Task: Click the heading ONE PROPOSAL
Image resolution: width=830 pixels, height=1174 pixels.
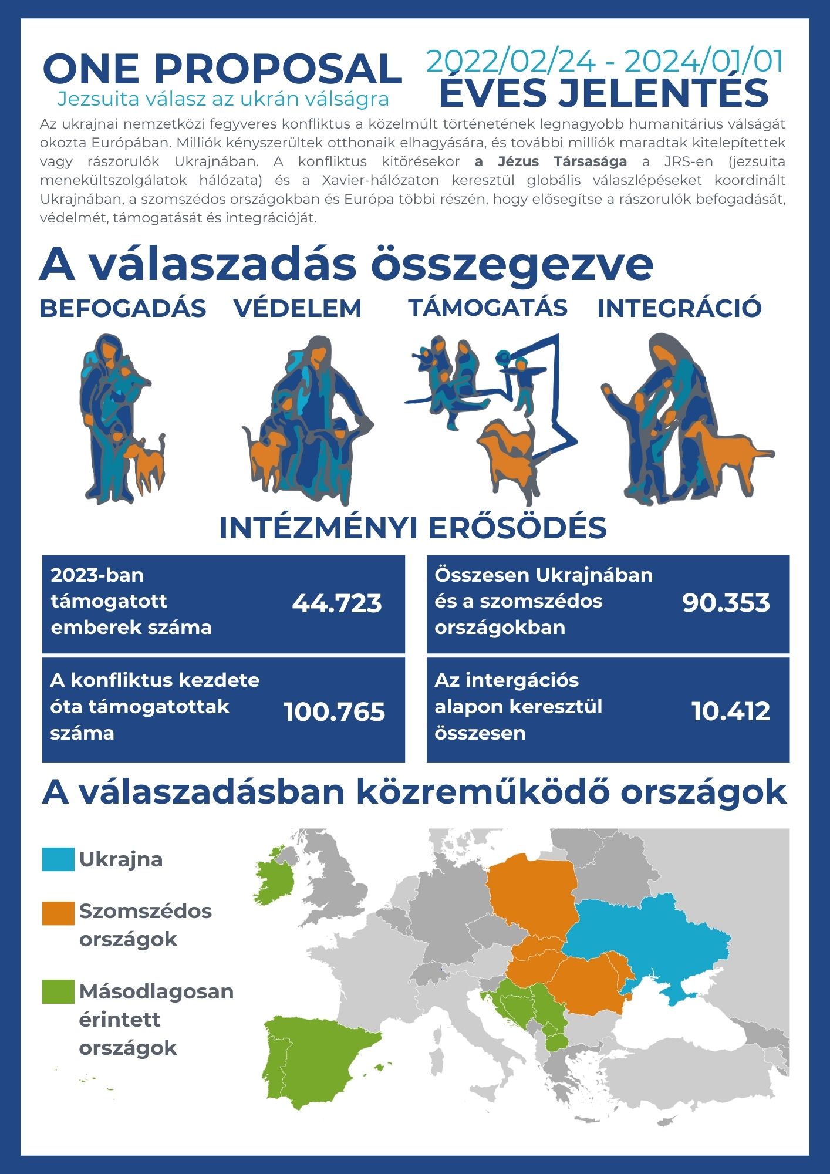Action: pyautogui.click(x=222, y=69)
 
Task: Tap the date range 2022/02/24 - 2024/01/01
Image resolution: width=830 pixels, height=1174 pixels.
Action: pyautogui.click(x=605, y=61)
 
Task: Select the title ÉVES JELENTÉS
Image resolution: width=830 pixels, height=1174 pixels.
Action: pyautogui.click(x=604, y=93)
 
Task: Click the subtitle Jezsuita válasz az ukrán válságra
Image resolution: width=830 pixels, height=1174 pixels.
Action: pyautogui.click(x=223, y=99)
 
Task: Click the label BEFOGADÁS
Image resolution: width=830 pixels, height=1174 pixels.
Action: pyautogui.click(x=123, y=309)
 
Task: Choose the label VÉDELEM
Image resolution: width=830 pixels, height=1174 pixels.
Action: pyautogui.click(x=298, y=309)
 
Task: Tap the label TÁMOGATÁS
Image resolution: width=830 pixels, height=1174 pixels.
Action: pyautogui.click(x=488, y=308)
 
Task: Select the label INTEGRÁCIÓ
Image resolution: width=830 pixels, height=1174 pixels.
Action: pyautogui.click(x=679, y=309)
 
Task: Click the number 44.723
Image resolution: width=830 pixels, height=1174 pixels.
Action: pyautogui.click(x=337, y=603)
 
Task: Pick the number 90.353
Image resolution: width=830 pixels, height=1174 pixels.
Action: pyautogui.click(x=726, y=603)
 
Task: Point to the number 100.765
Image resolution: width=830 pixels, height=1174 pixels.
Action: pyautogui.click(x=335, y=711)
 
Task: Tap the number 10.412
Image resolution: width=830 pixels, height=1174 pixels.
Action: pyautogui.click(x=731, y=711)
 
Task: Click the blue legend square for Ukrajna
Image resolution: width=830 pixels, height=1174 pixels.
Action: pyautogui.click(x=58, y=859)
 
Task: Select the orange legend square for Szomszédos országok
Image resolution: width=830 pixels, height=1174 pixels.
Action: pyautogui.click(x=58, y=913)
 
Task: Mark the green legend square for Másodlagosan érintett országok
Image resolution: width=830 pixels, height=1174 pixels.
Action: pyautogui.click(x=58, y=991)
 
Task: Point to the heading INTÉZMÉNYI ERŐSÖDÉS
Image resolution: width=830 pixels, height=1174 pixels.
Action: pyautogui.click(x=413, y=528)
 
